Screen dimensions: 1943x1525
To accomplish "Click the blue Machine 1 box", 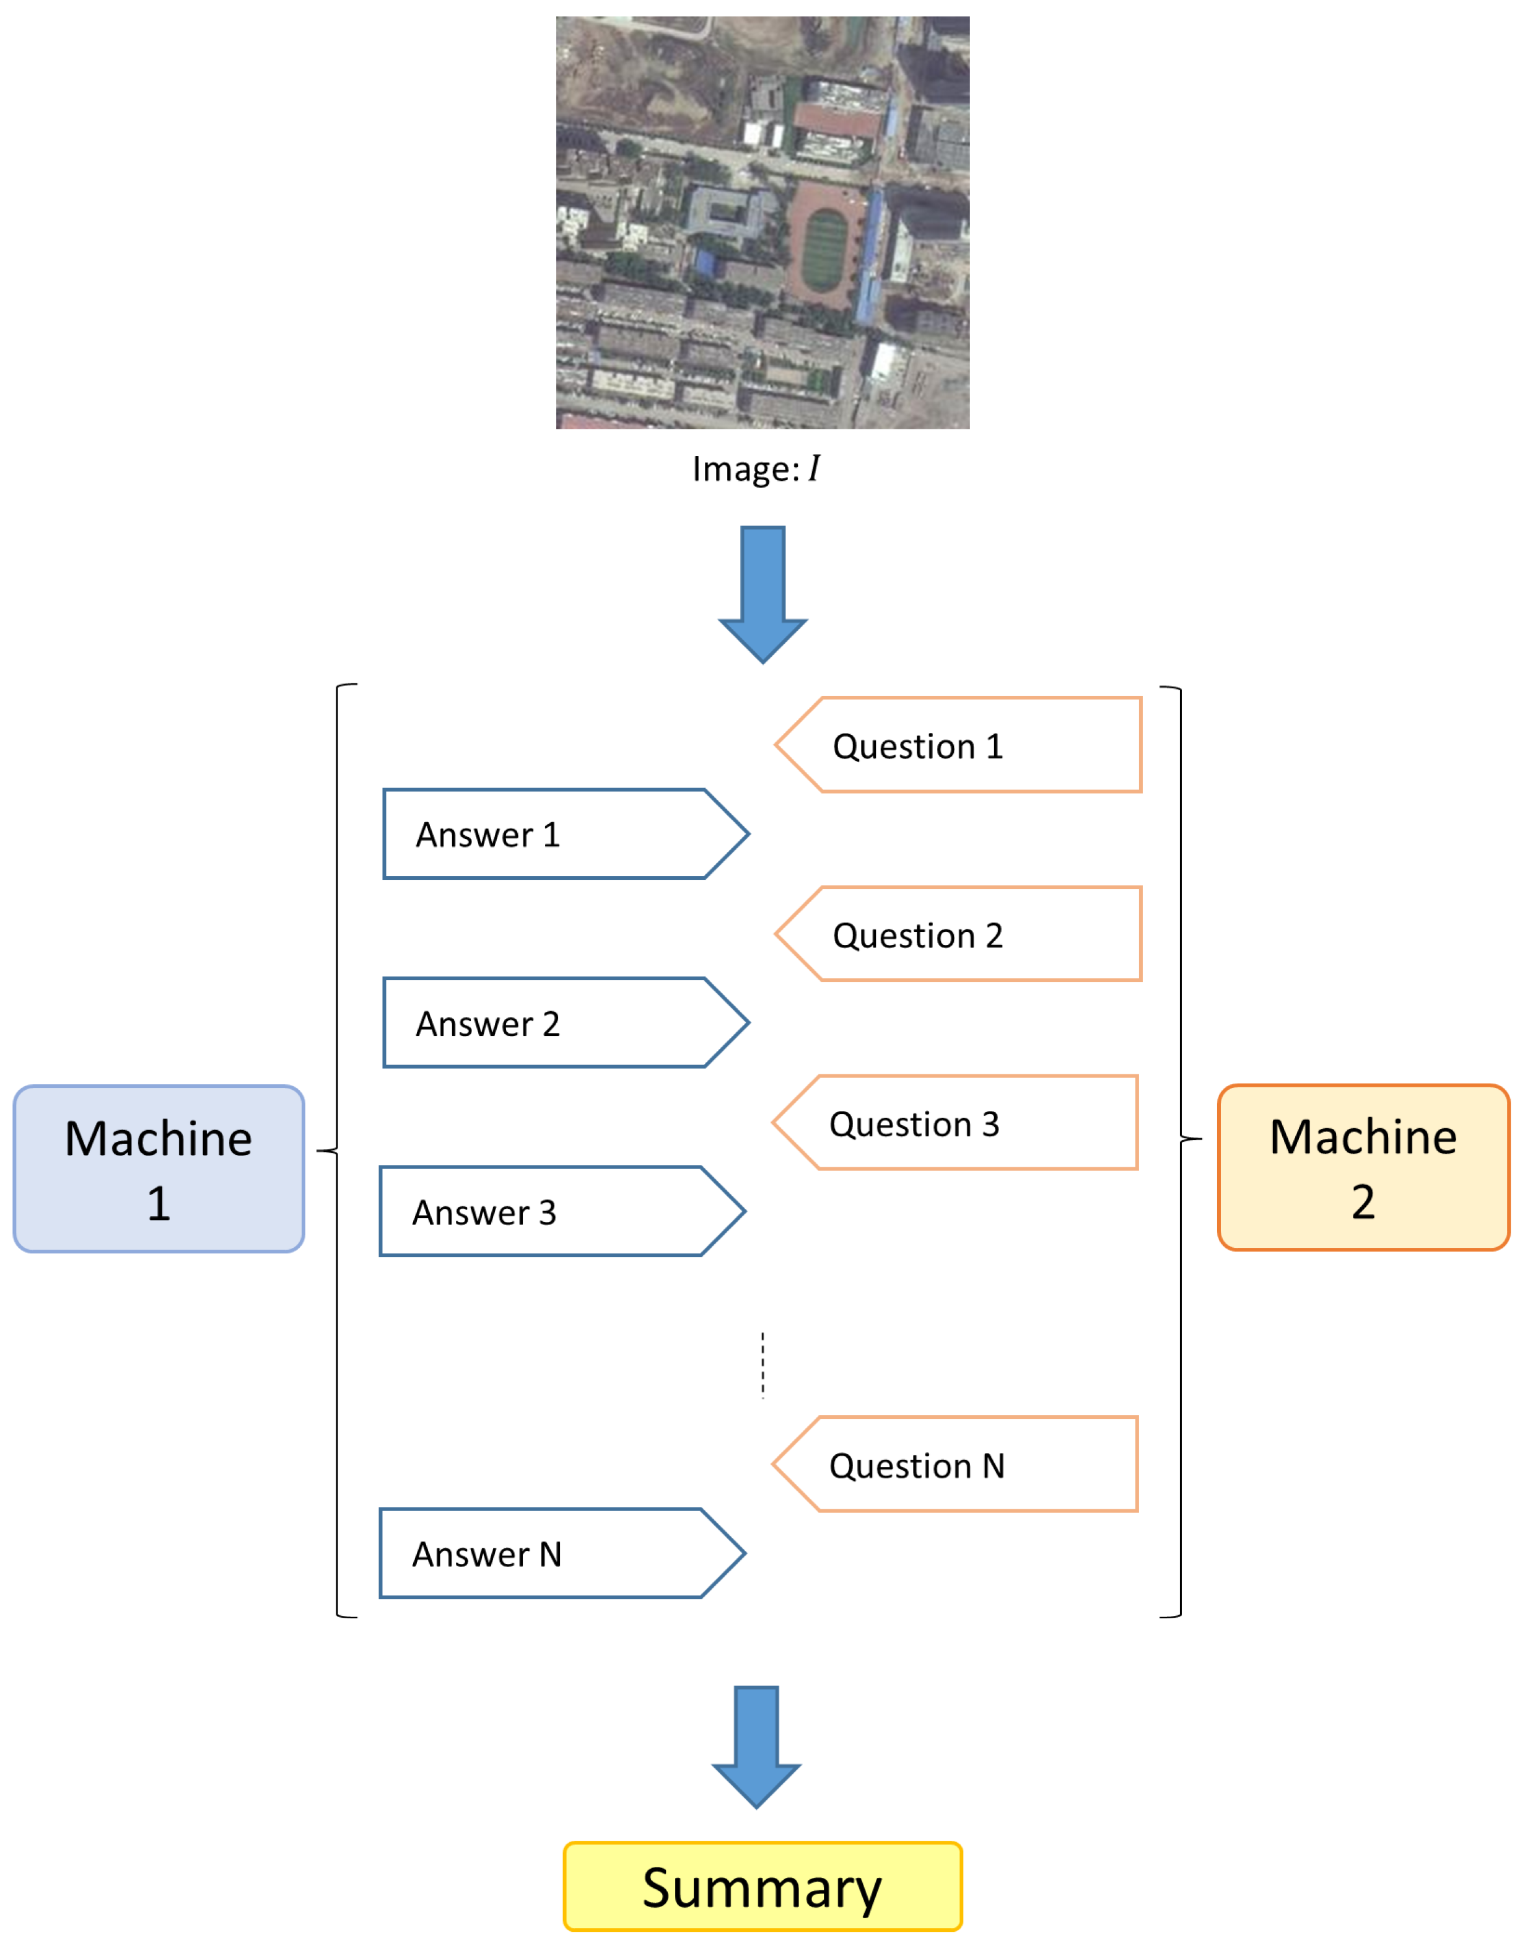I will click(159, 1169).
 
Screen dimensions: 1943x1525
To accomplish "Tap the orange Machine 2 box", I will click(1363, 1167).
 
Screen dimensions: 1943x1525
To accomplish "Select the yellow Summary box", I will click(762, 1886).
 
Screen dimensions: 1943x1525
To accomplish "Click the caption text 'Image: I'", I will click(755, 469).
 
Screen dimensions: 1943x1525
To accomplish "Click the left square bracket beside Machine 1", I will click(338, 1151).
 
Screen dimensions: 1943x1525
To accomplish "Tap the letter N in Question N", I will click(993, 1465).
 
